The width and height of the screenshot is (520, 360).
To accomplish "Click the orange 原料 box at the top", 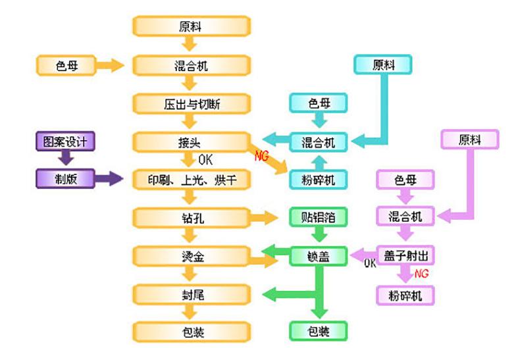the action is [192, 26].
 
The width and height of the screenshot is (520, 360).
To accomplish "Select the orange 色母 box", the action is [66, 65].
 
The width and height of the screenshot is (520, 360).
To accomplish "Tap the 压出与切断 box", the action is [192, 104].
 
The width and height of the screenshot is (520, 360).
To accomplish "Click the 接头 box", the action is [192, 142].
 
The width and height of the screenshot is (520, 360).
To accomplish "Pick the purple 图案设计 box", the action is [65, 141].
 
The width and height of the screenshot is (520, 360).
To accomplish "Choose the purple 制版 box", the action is [65, 178].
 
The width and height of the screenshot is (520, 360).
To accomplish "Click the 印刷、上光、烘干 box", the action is [192, 180].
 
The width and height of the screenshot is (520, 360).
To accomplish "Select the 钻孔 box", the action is [192, 218].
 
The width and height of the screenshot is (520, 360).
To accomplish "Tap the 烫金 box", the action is [192, 256].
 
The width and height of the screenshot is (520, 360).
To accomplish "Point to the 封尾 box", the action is [192, 294].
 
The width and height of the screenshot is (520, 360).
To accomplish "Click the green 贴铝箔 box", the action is [319, 217].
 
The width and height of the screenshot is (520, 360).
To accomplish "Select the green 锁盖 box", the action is [319, 256].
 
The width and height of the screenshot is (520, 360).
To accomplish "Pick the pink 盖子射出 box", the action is [405, 255].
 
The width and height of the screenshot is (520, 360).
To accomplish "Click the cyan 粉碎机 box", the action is [319, 180].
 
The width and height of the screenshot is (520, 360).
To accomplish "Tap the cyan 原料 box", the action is [383, 64].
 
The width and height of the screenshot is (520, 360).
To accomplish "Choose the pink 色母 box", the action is [405, 180].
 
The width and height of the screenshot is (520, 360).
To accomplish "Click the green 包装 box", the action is [319, 331].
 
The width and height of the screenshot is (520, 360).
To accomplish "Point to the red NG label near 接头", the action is [261, 155].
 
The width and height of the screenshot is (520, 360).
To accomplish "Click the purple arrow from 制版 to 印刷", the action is [109, 178].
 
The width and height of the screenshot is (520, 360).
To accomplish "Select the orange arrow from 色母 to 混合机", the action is [110, 65].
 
